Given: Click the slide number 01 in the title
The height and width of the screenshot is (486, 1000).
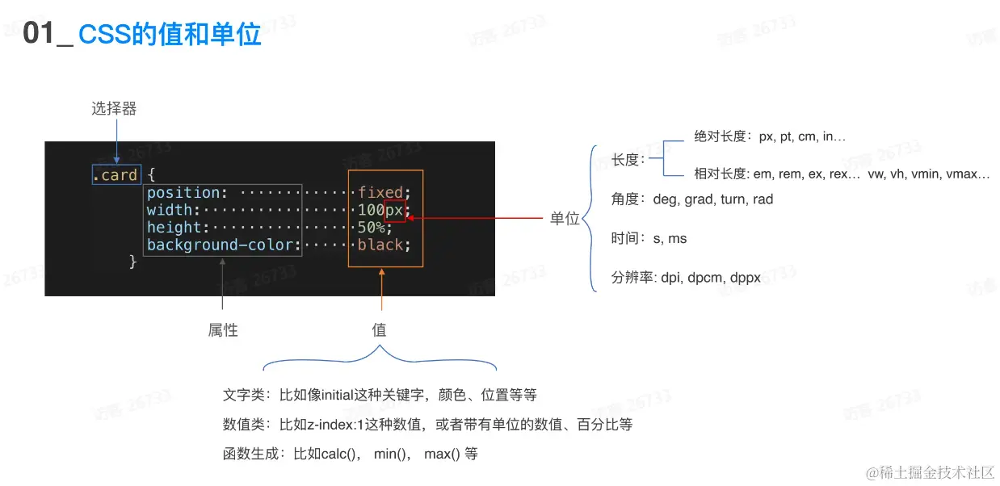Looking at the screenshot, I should click(37, 34).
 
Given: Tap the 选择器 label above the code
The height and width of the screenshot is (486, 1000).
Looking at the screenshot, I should click(114, 108).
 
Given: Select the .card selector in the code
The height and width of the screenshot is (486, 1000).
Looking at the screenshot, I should click(117, 174).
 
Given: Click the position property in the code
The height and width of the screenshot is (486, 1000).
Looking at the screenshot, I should click(184, 192).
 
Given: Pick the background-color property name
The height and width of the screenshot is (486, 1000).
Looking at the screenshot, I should click(221, 245).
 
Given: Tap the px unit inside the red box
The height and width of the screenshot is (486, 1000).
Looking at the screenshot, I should click(394, 210).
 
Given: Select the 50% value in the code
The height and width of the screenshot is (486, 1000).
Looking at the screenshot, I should click(371, 228).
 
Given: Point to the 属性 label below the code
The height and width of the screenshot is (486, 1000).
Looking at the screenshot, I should click(223, 329).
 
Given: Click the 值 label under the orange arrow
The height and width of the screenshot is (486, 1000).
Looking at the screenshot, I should click(379, 329).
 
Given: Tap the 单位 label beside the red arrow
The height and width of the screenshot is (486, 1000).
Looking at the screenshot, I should click(565, 218).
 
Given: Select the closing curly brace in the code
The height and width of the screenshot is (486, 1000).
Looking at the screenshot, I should click(134, 261).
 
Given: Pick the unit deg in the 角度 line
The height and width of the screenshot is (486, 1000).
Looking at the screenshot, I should click(664, 199).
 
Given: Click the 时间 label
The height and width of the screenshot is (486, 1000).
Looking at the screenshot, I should click(627, 238).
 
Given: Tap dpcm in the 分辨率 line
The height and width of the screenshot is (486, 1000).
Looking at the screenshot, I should click(705, 278).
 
